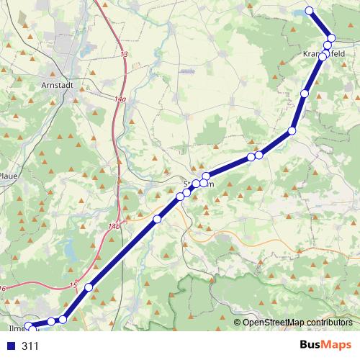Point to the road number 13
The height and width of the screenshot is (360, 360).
[124, 55]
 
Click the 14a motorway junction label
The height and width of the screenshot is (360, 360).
[120, 99]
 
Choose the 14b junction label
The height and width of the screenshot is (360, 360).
[113, 227]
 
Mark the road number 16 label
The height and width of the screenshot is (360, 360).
[4, 289]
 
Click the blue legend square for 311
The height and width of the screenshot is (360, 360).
[10, 346]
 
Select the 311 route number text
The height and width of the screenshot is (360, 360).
[30, 346]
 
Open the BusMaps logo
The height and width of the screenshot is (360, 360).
[325, 346]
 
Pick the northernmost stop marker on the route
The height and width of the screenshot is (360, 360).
[310, 10]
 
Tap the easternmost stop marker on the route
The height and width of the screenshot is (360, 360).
[331, 38]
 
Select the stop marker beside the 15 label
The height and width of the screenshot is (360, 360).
[89, 287]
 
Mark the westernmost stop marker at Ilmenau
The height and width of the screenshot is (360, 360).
[30, 328]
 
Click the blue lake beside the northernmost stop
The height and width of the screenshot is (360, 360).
[297, 12]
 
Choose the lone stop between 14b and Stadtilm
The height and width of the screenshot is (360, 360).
[157, 218]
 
